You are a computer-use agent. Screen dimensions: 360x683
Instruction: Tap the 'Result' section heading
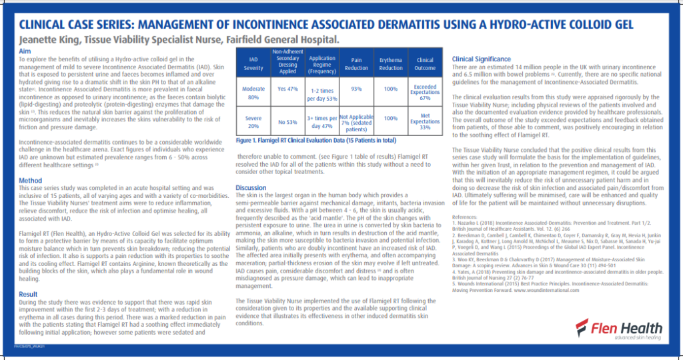[28, 294]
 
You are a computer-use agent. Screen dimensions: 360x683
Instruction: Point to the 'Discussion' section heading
[251, 188]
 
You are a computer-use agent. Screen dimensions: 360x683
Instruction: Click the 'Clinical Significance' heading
[482, 59]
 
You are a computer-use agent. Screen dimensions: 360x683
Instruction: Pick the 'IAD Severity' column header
[253, 63]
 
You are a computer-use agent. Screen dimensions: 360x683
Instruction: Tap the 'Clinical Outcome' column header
[425, 63]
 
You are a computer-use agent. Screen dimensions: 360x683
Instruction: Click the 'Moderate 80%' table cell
[253, 93]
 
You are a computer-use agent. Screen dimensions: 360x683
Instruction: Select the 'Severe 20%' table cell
[253, 121]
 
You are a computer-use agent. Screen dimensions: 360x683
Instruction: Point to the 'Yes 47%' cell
[287, 89]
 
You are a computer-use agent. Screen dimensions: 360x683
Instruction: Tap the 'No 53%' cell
[287, 122]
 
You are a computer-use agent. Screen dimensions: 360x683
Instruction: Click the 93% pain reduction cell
[356, 89]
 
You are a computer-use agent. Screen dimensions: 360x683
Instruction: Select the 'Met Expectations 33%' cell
[425, 122]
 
